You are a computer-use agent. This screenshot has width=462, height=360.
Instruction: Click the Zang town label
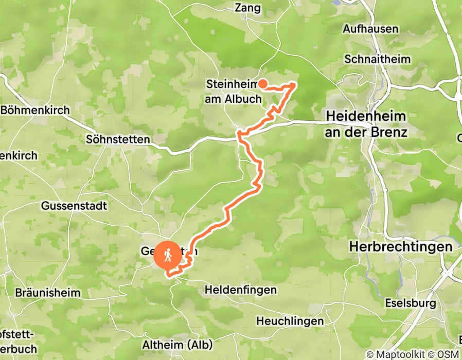pyautogui.click(x=248, y=8)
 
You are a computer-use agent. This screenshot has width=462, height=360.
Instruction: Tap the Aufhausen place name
pyautogui.click(x=370, y=29)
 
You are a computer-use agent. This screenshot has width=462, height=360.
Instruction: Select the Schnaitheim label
pyautogui.click(x=378, y=59)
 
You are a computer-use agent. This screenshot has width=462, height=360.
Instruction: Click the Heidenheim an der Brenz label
pyautogui.click(x=366, y=124)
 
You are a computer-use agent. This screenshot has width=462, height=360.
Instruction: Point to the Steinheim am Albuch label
pyautogui.click(x=234, y=91)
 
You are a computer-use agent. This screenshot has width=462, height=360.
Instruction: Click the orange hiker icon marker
pyautogui.click(x=168, y=255)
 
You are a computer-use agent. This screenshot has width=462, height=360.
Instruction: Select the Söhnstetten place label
pyautogui.click(x=118, y=139)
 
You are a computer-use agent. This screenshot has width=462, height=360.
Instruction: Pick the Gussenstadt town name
pyautogui.click(x=74, y=206)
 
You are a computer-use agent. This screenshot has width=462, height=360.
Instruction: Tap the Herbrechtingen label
pyautogui.click(x=401, y=246)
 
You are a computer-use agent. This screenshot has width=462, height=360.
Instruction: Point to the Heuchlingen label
pyautogui.click(x=290, y=321)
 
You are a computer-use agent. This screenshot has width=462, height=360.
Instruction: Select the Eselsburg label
pyautogui.click(x=411, y=303)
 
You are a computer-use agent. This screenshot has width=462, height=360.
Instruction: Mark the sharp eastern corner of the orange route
pyautogui.click(x=295, y=84)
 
